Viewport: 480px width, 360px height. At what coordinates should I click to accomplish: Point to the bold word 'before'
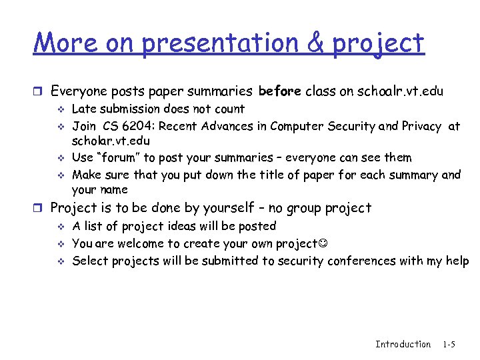pos(279,91)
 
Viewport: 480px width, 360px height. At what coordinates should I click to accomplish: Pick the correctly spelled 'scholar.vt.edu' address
pos(111,141)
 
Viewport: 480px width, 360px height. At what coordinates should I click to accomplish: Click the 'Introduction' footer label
pos(403,344)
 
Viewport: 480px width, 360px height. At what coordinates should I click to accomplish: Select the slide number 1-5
pos(449,344)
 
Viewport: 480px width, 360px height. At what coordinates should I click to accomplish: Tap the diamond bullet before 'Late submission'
pos(60,109)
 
